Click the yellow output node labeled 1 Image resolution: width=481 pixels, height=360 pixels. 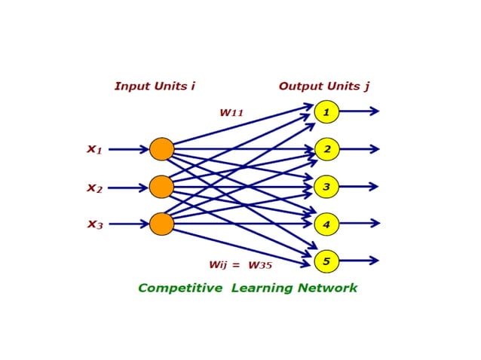(326, 111)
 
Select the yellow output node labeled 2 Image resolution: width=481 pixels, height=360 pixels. (326, 149)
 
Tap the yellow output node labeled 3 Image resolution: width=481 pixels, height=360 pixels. (326, 186)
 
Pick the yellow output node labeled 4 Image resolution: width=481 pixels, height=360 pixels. (326, 224)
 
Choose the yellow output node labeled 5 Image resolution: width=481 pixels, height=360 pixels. (326, 261)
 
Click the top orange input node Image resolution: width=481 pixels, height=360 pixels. (161, 149)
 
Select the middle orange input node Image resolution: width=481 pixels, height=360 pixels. (161, 186)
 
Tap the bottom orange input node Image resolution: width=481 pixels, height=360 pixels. (161, 224)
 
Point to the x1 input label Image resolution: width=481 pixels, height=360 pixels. (94, 149)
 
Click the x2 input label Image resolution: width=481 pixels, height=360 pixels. (94, 188)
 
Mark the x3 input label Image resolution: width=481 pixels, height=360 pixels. (94, 224)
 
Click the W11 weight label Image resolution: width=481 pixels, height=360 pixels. (231, 113)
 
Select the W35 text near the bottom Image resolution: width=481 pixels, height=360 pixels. (260, 265)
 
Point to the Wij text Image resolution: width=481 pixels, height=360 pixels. (219, 265)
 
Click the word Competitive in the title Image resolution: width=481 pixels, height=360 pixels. (181, 288)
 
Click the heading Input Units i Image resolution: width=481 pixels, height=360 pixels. (155, 86)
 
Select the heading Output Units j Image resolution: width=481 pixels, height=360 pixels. (324, 86)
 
